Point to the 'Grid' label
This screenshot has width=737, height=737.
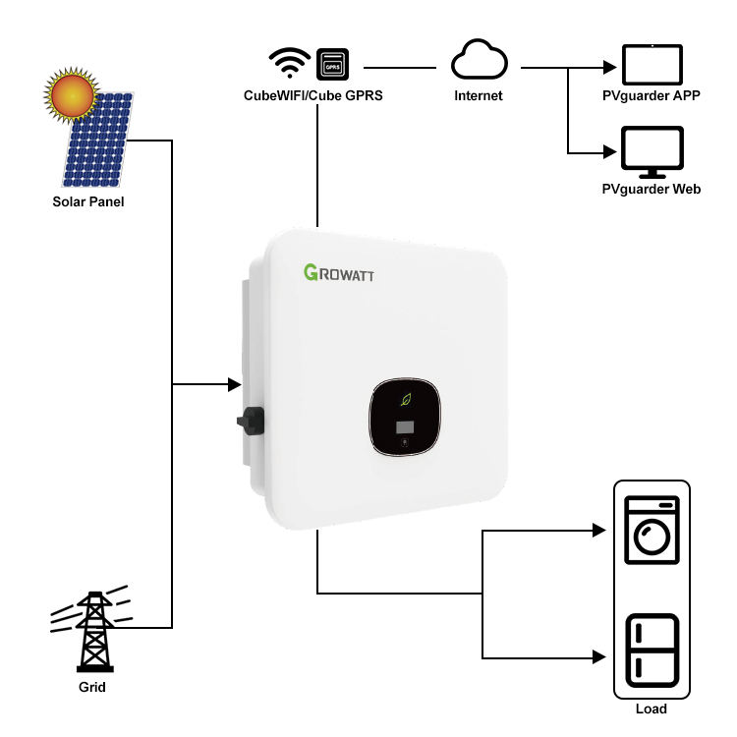click(91, 687)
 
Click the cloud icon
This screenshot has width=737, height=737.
click(478, 63)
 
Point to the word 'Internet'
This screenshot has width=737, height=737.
click(479, 96)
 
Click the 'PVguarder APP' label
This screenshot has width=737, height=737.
click(652, 96)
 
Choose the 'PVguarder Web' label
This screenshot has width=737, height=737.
click(652, 189)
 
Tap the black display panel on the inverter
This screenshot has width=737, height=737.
click(405, 418)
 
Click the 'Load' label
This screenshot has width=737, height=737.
click(652, 709)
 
